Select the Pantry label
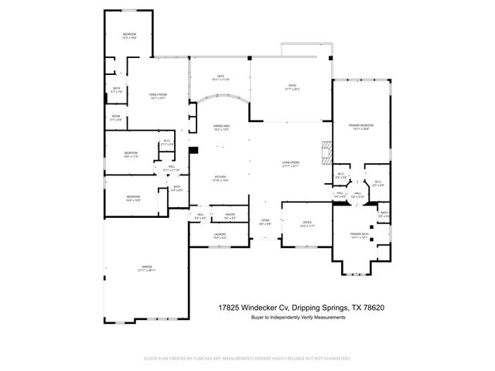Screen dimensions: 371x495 [230, 215]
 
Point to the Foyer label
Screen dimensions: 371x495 [265, 221]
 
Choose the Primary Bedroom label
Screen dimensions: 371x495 [360, 126]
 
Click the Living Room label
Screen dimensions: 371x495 [291, 163]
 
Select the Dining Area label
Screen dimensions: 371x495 [222, 128]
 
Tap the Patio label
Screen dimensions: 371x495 [292, 87]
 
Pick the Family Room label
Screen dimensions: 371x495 [158, 96]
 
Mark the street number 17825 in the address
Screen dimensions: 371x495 [231, 307]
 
